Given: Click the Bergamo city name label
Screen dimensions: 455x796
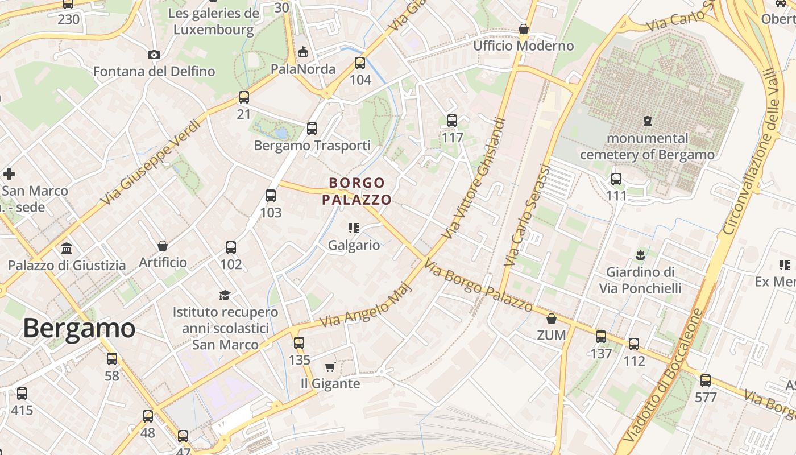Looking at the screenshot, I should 79,328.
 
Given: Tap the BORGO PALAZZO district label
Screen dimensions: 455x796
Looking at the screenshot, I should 356,191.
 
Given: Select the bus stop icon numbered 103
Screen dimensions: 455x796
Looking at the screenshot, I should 271,196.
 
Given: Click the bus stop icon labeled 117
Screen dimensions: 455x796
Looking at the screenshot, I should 452,121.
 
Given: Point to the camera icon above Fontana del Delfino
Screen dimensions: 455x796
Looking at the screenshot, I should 154,55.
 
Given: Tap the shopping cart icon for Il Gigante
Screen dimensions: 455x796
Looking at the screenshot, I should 330,367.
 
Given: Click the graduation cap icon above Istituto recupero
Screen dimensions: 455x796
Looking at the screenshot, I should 225,295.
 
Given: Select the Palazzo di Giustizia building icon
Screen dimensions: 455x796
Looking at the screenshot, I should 67,249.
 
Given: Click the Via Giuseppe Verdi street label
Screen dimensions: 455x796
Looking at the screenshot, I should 151,163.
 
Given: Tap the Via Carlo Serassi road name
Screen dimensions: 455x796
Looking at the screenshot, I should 527,216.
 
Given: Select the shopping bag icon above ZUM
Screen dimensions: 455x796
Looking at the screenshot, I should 551,318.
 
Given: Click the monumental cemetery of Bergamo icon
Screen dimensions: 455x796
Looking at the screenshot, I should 647,121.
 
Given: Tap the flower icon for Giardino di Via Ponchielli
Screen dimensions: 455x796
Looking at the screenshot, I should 640,254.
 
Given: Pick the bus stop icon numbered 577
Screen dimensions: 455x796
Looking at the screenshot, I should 706,380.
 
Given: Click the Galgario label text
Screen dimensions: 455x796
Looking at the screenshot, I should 354,245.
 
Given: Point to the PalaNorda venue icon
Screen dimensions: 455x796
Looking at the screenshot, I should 304,52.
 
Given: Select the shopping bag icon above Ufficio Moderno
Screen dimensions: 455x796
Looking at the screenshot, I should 524,29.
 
